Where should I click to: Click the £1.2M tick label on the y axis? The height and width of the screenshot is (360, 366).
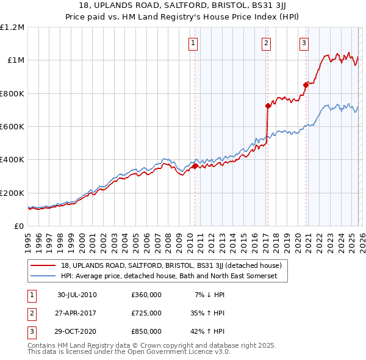pyautogui.click(x=12, y=27)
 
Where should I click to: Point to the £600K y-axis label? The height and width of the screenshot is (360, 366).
pyautogui.click(x=12, y=127)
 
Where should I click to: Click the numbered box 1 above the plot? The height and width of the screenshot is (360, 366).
pyautogui.click(x=193, y=43)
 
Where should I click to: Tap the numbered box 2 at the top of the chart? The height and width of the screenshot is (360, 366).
pyautogui.click(x=267, y=43)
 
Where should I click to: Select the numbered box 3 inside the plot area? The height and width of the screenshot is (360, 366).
pyautogui.click(x=303, y=43)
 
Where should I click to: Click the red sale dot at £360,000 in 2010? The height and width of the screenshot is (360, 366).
pyautogui.click(x=195, y=166)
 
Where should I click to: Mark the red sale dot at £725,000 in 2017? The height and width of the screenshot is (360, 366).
pyautogui.click(x=268, y=106)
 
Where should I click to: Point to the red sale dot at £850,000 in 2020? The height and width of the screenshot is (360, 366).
pyautogui.click(x=306, y=85)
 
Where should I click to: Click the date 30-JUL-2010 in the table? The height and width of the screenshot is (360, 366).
pyautogui.click(x=77, y=295)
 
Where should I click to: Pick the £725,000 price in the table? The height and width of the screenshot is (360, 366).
pyautogui.click(x=146, y=313)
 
